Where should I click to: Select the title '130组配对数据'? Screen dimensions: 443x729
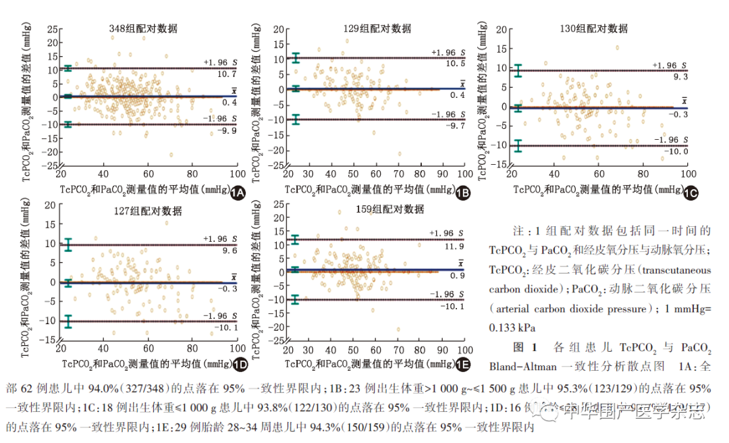(593, 28)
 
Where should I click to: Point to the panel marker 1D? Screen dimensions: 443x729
(238, 365)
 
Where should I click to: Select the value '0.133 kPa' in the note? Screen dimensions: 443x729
(513, 328)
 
